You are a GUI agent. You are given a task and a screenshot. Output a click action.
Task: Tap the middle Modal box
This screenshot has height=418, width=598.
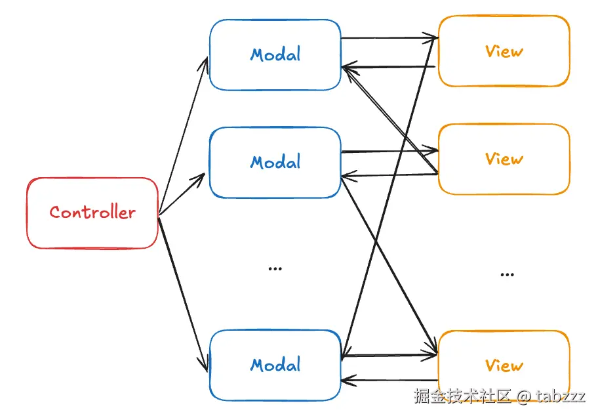275,180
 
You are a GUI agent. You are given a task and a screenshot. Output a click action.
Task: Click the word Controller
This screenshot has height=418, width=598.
92,213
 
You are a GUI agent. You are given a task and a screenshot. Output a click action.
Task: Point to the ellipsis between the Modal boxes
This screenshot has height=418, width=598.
275,268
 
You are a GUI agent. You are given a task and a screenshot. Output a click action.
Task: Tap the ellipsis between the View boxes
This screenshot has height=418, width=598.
507,274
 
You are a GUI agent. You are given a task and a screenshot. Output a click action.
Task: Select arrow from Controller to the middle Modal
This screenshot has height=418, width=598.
182,195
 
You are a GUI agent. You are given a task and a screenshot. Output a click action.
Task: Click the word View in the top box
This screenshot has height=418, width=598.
504,51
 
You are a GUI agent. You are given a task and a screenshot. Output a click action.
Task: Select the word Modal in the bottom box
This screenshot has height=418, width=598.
275,365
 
